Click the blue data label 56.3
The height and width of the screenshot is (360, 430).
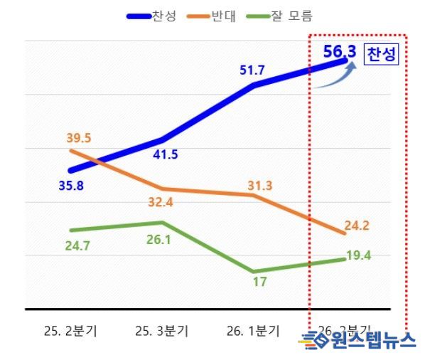339,52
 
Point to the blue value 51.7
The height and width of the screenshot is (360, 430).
254,70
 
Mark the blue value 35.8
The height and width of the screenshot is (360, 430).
72,187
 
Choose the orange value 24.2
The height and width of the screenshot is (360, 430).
356,226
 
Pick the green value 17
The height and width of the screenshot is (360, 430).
259,282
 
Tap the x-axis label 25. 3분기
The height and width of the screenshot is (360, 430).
161,331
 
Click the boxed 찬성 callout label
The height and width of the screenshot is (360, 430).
382,55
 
